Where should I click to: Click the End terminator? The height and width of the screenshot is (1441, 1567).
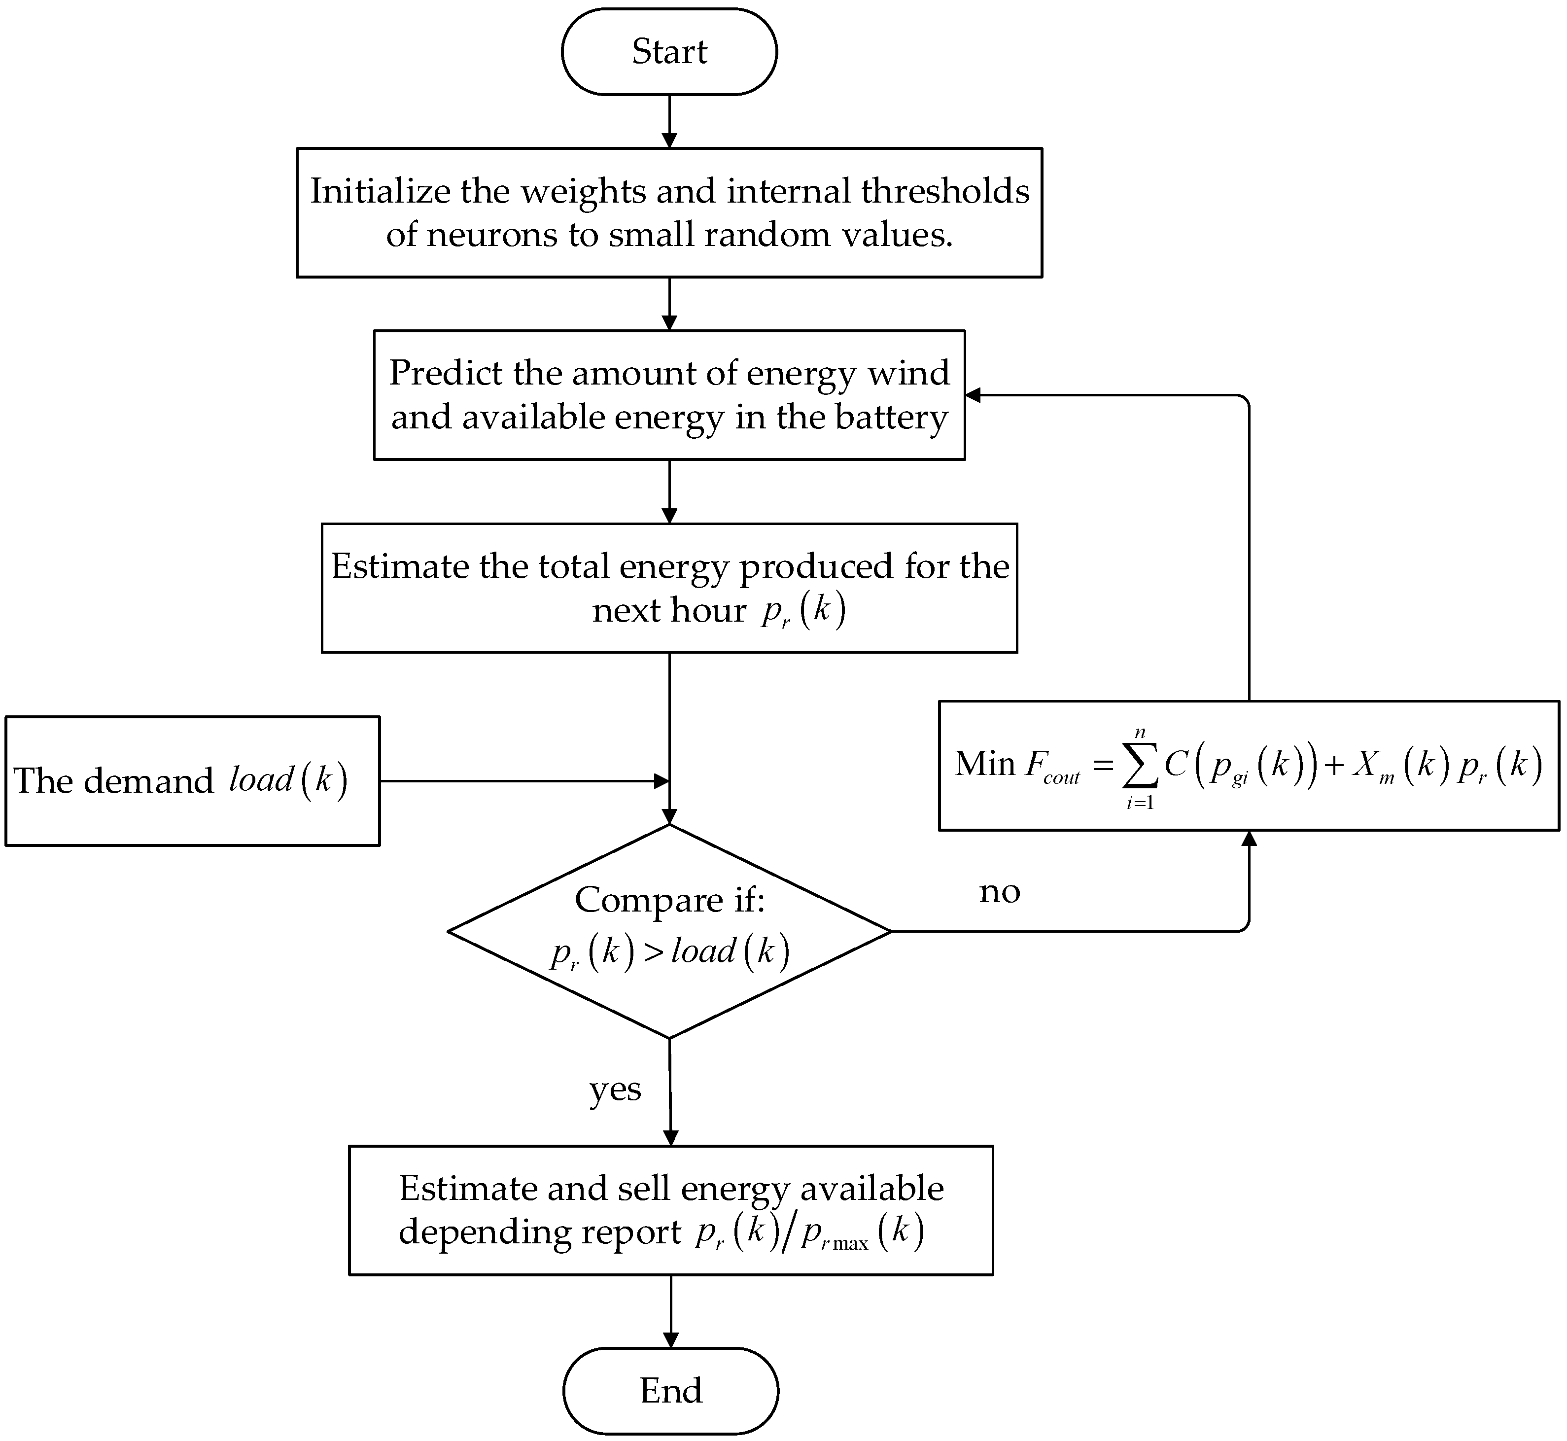pos(670,1390)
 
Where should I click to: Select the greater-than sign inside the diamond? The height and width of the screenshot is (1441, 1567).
pos(653,952)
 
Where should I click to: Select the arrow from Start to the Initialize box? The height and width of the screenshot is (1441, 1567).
pos(669,122)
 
